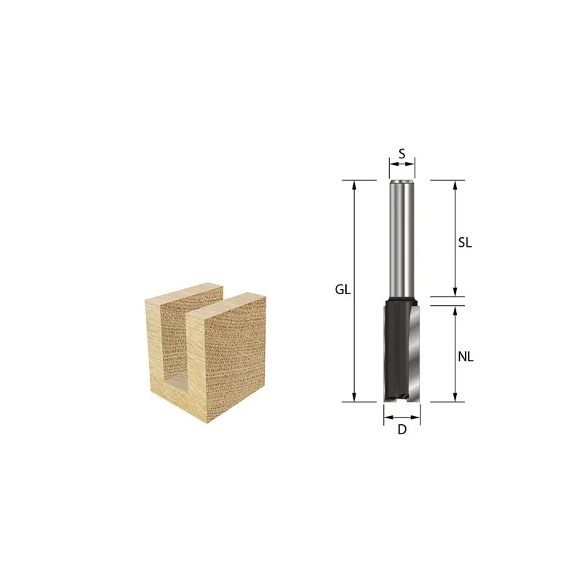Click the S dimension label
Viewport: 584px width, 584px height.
[402, 153]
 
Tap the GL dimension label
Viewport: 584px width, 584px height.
[342, 289]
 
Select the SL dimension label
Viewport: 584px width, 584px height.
[465, 243]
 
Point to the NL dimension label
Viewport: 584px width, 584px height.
[466, 357]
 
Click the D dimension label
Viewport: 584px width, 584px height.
[402, 430]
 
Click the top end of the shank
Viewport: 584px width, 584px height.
[402, 182]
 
